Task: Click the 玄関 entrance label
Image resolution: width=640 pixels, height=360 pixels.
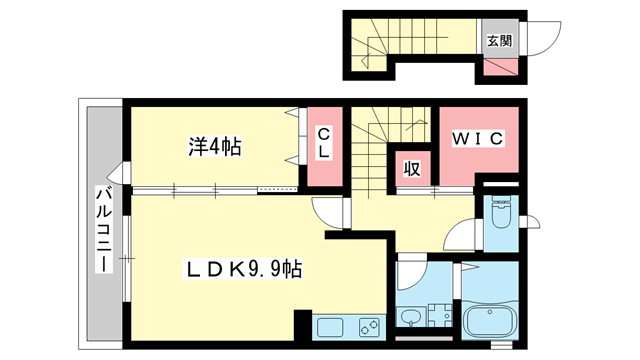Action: [x=500, y=41]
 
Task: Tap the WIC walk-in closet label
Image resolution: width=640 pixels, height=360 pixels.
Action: [x=478, y=139]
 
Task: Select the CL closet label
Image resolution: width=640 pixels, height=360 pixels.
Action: [x=324, y=142]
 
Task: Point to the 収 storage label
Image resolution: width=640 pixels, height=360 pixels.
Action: [x=412, y=169]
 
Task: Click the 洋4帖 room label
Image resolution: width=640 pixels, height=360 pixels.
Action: [x=215, y=147]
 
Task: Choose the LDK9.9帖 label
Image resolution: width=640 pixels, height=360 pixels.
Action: [x=243, y=269]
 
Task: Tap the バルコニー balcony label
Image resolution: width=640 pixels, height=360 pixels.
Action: [x=104, y=229]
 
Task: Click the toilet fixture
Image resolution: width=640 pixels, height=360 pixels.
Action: [x=501, y=212]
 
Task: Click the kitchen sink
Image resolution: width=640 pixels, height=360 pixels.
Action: [x=331, y=327]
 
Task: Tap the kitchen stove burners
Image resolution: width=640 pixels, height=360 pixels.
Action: [x=370, y=327]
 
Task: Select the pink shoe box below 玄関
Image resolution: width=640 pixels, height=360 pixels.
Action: [x=501, y=67]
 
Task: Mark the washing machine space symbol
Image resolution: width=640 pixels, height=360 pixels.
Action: [x=440, y=316]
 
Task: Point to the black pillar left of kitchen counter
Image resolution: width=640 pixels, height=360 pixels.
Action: [x=303, y=325]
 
